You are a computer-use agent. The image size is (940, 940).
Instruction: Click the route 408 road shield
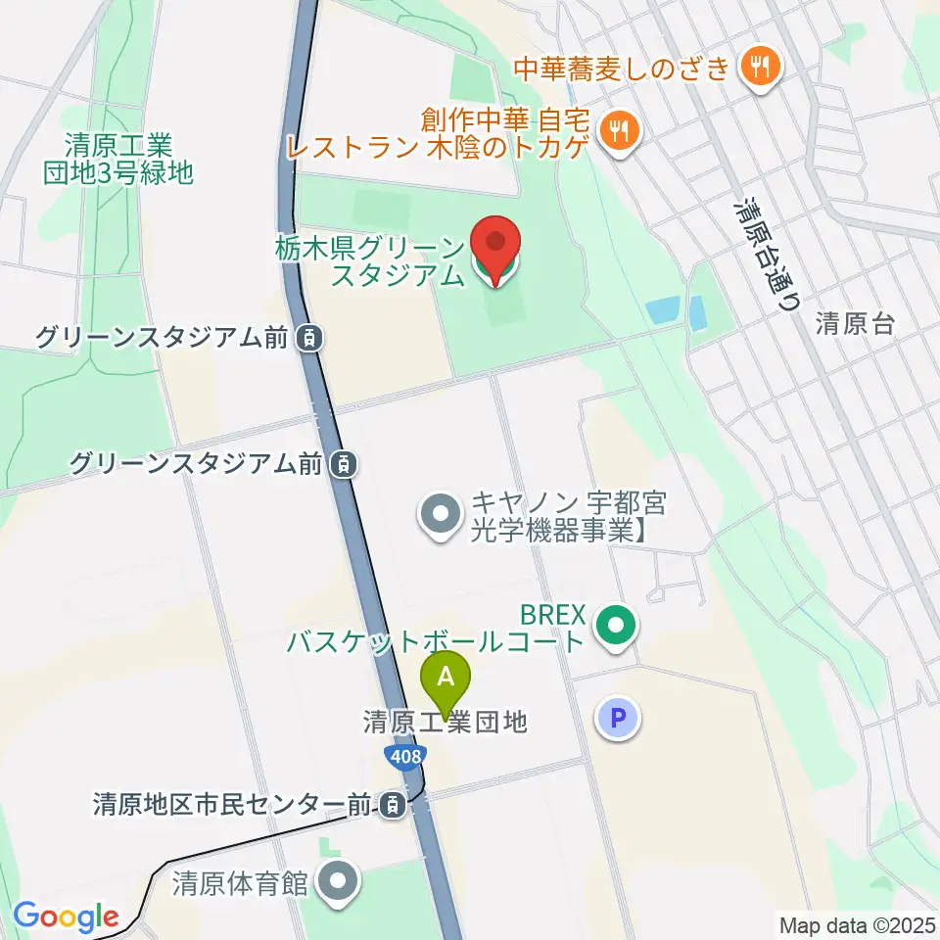point(403,755)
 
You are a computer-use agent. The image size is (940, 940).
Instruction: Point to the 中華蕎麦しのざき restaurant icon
point(759,69)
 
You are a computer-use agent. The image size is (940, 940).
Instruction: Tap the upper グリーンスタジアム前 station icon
point(308,339)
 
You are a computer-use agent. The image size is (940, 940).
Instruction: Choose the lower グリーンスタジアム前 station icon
point(342,464)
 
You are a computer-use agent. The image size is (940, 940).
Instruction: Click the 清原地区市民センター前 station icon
point(393,805)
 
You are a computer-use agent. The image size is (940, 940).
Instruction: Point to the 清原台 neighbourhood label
point(855,325)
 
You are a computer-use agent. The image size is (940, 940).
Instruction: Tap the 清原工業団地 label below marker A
point(445,723)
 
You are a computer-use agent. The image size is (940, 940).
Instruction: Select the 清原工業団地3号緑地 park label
point(117,159)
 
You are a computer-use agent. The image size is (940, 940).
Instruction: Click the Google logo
point(66,916)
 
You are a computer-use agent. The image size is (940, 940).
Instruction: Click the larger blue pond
point(664,311)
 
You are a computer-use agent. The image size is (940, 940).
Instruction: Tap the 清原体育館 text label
point(241,883)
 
